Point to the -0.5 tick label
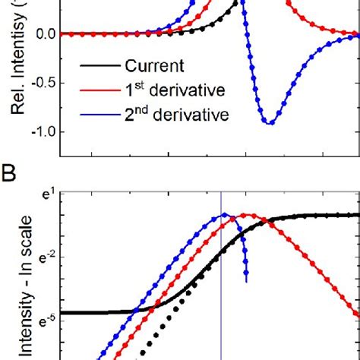click(x=39, y=83)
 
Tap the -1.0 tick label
click(x=39, y=131)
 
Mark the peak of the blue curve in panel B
click(x=225, y=215)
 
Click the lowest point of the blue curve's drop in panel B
click(x=245, y=280)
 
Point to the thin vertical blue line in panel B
click(x=221, y=304)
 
